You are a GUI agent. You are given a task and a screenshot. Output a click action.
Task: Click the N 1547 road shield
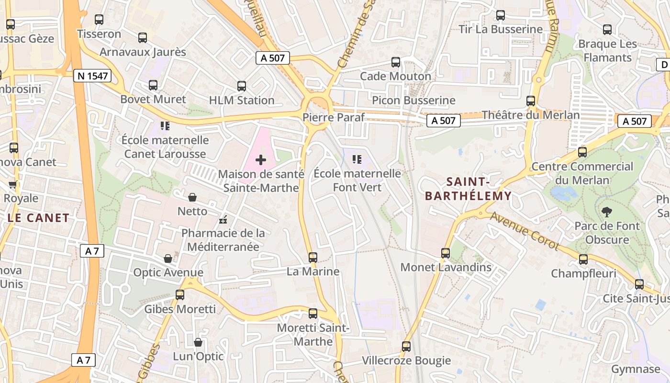[92, 76]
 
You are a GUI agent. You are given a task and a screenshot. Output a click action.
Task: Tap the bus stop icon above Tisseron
[99, 20]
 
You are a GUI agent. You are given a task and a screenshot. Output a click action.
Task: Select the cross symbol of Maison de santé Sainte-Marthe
[261, 160]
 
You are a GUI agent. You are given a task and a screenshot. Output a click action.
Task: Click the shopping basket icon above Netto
[192, 197]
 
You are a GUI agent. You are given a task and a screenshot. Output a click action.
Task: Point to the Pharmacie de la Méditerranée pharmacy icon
[223, 220]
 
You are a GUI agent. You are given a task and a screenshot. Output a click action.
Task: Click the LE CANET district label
[38, 218]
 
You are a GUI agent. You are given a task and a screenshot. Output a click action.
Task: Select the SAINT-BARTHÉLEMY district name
[468, 189]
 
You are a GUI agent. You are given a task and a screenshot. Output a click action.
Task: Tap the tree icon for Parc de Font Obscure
[607, 212]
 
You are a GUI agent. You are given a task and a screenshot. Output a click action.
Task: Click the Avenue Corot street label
[525, 231]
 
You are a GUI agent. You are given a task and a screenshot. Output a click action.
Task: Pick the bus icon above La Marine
[313, 258]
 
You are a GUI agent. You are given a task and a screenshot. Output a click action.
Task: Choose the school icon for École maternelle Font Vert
[357, 159]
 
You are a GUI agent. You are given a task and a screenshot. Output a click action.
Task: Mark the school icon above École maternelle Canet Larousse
[165, 126]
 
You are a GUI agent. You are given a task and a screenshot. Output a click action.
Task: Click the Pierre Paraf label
[334, 117]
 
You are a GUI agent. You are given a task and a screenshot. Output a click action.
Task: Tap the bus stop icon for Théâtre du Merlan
[531, 101]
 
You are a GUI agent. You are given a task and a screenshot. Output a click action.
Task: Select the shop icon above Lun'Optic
[198, 342]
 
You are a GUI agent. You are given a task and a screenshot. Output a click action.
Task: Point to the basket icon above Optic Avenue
[168, 259]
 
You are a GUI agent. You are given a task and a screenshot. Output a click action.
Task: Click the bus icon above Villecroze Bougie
[406, 346]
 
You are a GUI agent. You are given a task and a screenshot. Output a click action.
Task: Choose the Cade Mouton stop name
[395, 76]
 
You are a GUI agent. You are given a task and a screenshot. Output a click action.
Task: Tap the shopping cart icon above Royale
[13, 184]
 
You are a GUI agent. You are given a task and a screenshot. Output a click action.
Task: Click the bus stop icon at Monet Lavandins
[446, 253]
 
